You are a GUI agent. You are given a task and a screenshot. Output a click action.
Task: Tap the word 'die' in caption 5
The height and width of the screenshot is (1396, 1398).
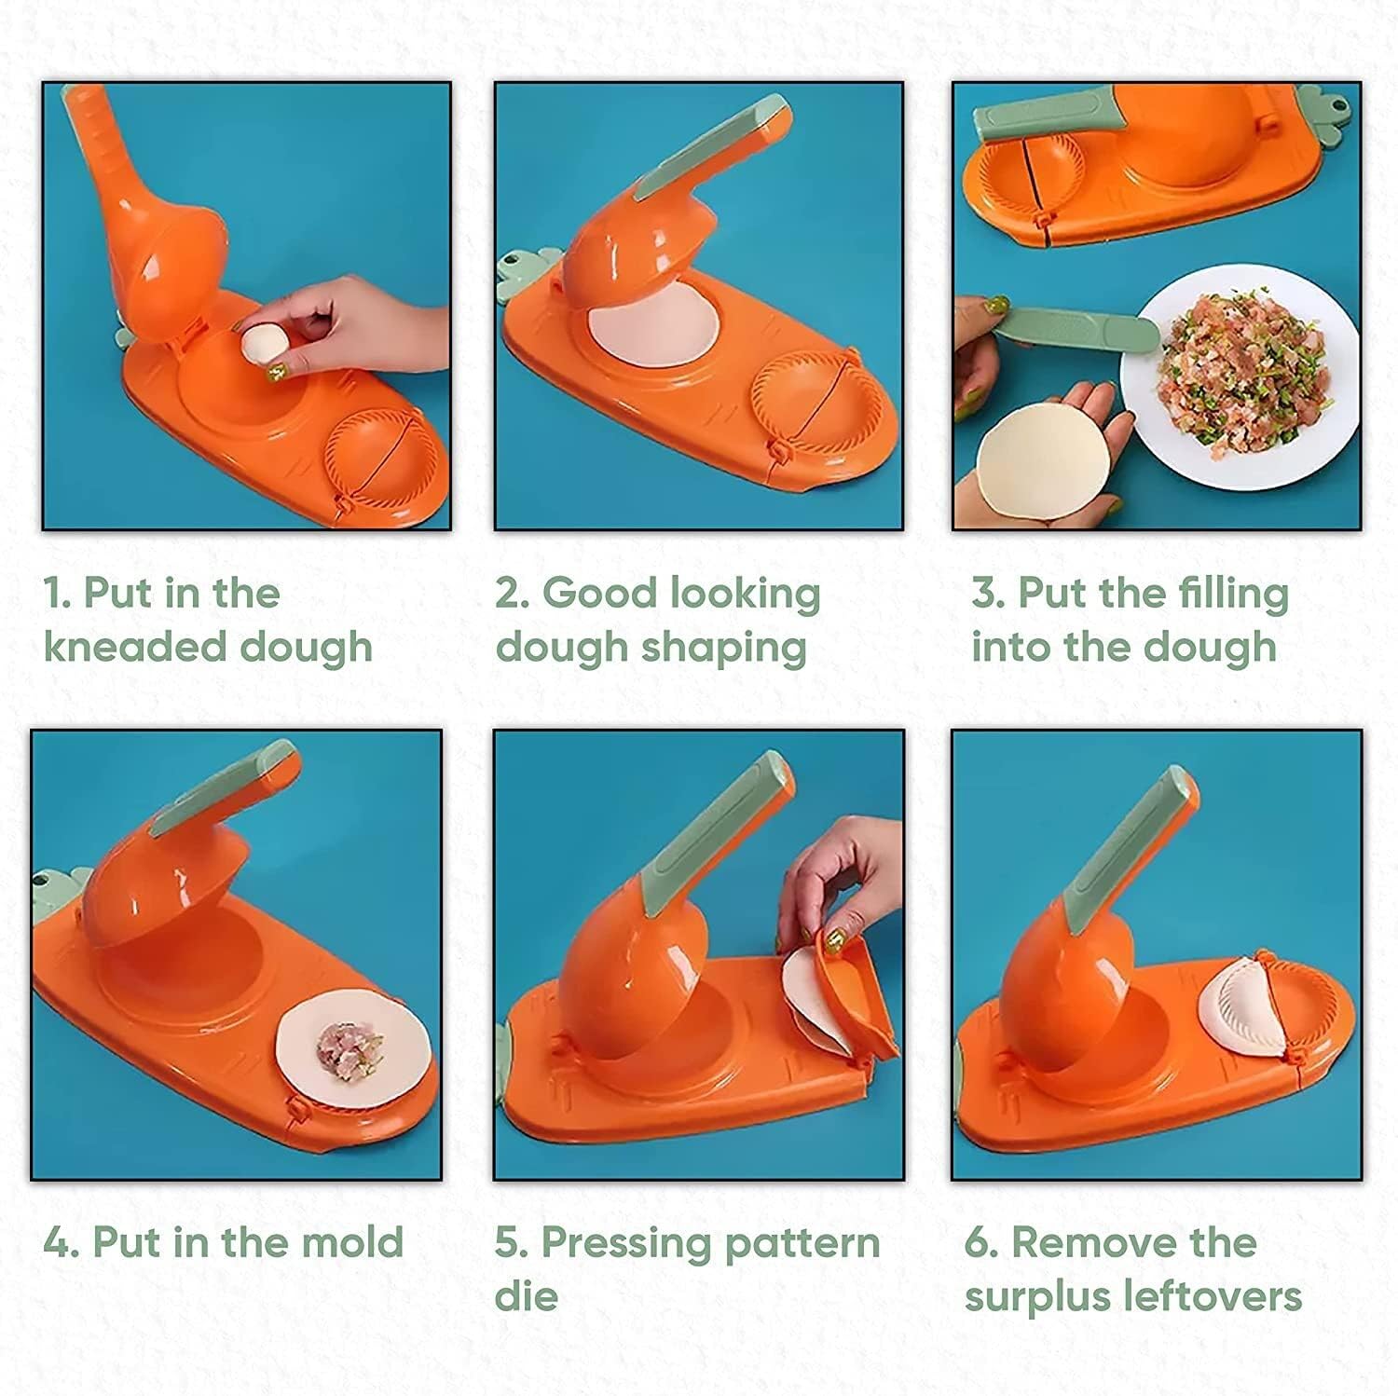[x=526, y=1295]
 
